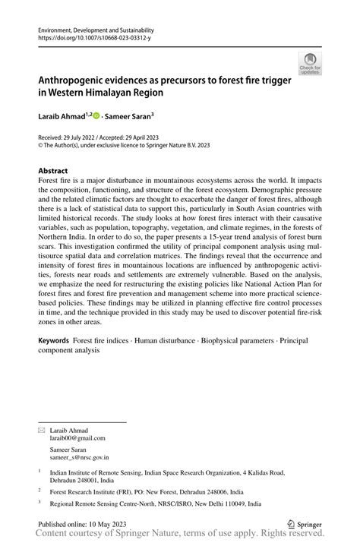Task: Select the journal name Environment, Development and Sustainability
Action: pos(96,27)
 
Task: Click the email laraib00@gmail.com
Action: pos(78,438)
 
